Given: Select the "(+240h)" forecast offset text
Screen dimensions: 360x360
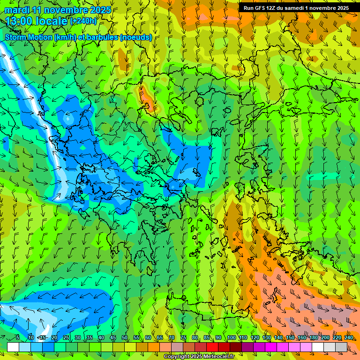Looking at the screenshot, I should tap(83, 21).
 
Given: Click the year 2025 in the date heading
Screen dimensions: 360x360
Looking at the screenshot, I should tap(101, 10).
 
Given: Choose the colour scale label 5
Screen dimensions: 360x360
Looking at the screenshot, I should tap(18, 337).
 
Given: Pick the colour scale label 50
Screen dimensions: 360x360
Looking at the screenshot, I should tap(125, 337).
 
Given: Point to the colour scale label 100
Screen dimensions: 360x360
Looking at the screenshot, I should tap(231, 337).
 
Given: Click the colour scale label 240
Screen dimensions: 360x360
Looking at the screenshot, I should tap(349, 337).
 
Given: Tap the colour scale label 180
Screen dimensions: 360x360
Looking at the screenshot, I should tap(314, 337).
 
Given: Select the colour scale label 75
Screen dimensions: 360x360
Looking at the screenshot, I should tap(183, 337).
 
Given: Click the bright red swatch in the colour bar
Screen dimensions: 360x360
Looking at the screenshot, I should tap(212, 347).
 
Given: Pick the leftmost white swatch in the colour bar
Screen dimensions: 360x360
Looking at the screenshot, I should tap(13, 347).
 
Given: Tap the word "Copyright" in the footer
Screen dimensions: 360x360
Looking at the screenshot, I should tap(178, 357).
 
